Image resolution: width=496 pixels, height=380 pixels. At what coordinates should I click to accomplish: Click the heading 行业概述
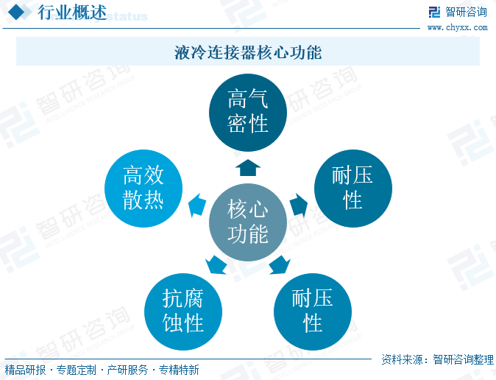pyautogui.click(x=71, y=13)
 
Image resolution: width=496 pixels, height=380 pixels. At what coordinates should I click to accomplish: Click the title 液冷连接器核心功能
pyautogui.click(x=248, y=53)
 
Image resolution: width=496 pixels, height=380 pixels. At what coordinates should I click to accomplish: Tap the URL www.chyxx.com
pyautogui.click(x=457, y=27)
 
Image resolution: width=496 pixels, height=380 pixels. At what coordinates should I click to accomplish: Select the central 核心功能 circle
pyautogui.click(x=247, y=222)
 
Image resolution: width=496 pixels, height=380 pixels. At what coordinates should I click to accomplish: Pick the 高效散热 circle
pyautogui.click(x=143, y=188)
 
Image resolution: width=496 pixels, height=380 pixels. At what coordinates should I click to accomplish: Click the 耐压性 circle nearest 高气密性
pyautogui.click(x=352, y=188)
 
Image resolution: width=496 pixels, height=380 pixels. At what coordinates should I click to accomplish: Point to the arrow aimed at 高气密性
pyautogui.click(x=248, y=167)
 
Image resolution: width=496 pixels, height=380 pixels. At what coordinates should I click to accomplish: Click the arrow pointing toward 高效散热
pyautogui.click(x=196, y=205)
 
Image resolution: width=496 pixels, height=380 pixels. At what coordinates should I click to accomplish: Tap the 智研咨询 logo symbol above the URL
pyautogui.click(x=435, y=12)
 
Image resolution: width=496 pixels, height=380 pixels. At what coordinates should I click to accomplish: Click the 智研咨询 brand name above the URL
pyautogui.click(x=467, y=12)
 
